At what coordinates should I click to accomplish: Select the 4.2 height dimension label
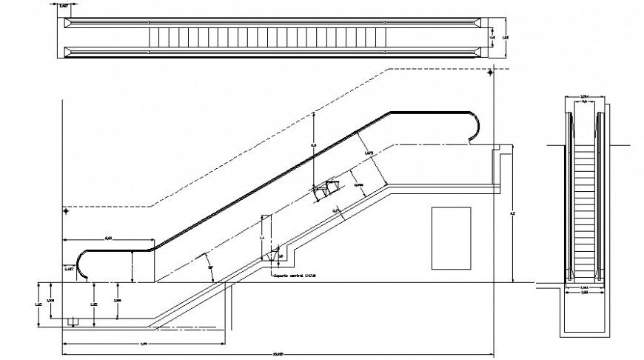[511, 214]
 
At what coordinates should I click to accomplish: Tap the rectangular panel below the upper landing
[450, 238]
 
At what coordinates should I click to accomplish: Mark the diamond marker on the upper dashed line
[490, 73]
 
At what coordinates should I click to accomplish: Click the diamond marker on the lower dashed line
[66, 212]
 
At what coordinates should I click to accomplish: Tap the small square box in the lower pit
[73, 321]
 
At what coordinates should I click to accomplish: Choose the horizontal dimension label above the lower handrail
[108, 237]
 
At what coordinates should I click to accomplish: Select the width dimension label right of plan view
[506, 36]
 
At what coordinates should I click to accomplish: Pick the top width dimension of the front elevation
[584, 96]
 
